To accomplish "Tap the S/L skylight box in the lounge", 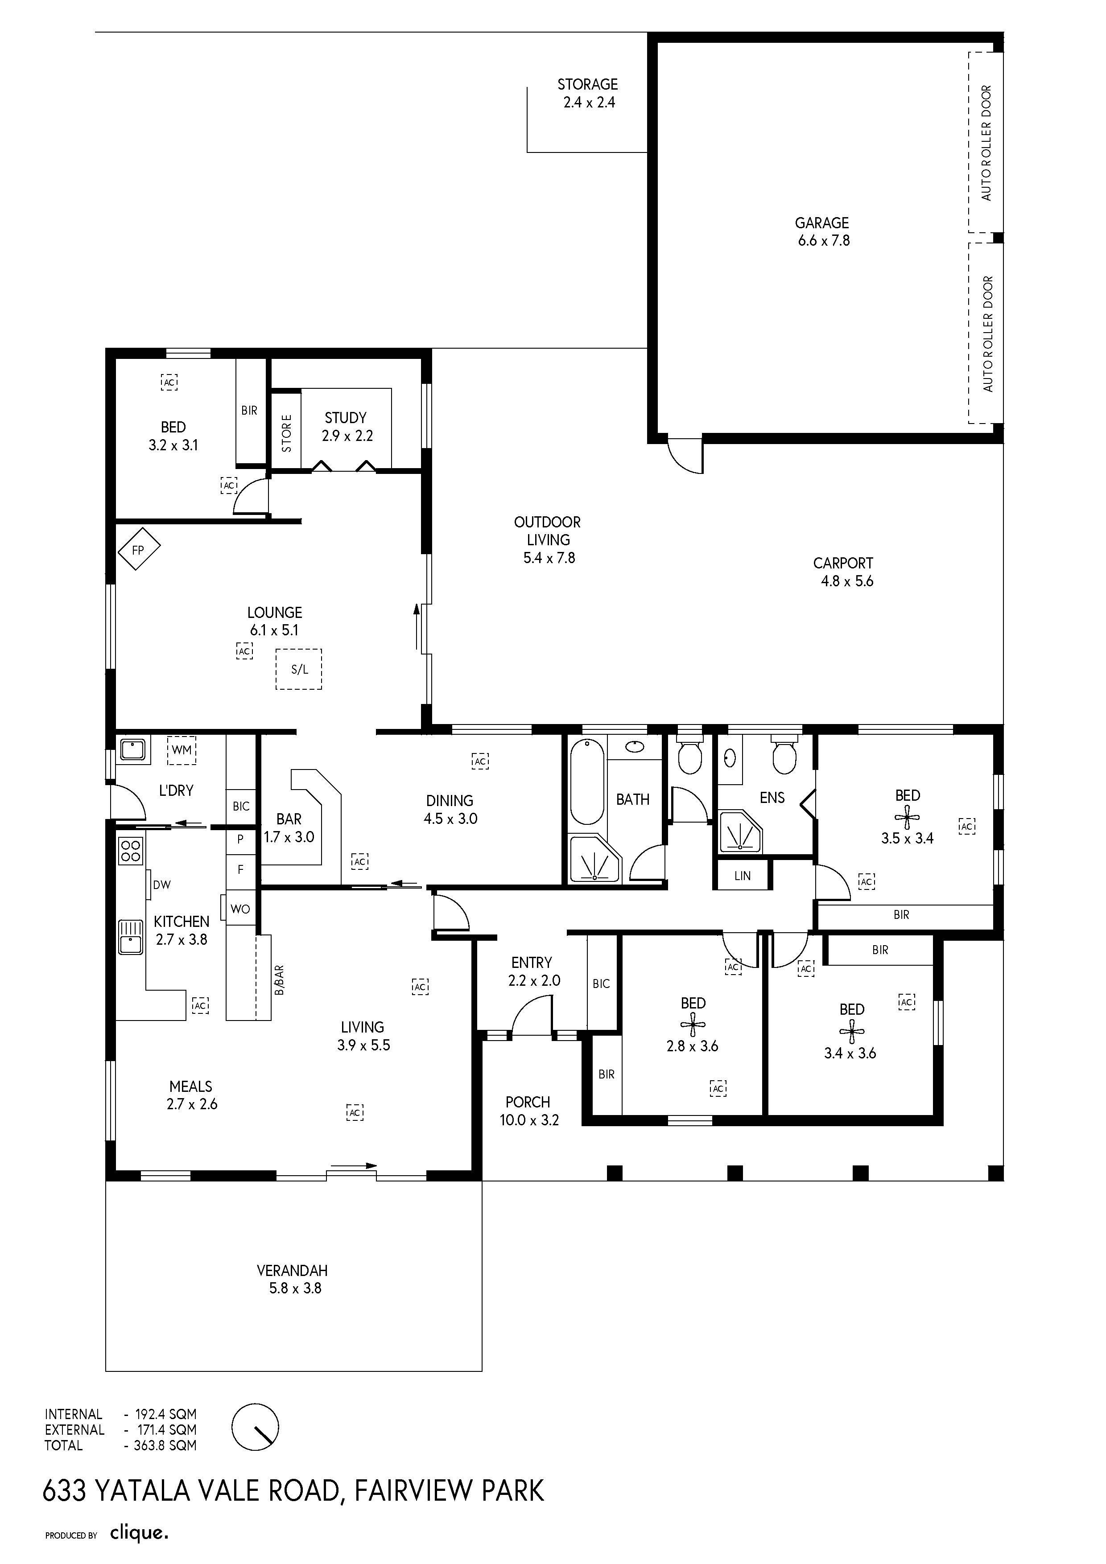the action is [x=298, y=669].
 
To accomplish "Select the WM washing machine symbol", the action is [x=181, y=750].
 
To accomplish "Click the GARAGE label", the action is [x=822, y=223].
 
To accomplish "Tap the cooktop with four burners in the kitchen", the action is [x=131, y=850].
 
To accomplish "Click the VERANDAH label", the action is [x=293, y=1270].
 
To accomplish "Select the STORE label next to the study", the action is [x=286, y=433].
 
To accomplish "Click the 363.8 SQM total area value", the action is [x=165, y=1445].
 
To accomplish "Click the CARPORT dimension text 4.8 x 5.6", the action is [x=847, y=581].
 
